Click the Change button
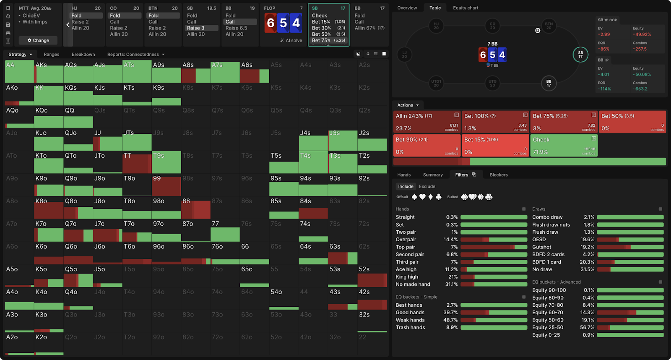coord(38,40)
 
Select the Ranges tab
coord(52,55)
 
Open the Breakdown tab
coord(83,55)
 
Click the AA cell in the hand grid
coord(19,71)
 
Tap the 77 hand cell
coord(225,230)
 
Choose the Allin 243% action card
coord(427,122)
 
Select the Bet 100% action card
coord(495,122)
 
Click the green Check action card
coord(564,145)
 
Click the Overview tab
coord(407,8)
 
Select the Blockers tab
coord(499,175)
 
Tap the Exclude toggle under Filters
coord(427,187)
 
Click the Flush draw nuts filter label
coord(551,225)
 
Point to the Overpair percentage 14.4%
coord(451,240)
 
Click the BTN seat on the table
coord(549,26)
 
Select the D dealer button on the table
coord(538,31)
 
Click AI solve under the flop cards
coord(291,41)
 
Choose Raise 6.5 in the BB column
coord(236,28)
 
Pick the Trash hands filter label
coord(410,328)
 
